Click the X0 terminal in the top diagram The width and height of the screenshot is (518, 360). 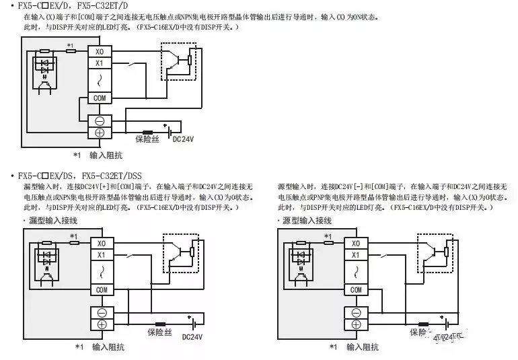tap(100, 51)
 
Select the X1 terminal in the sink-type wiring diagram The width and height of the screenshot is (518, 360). tap(102, 254)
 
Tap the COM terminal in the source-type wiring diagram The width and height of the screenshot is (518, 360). tap(355, 289)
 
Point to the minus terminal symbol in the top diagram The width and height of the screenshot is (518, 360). tap(100, 121)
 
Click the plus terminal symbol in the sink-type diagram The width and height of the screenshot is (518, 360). tap(102, 324)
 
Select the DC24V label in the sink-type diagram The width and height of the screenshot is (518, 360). tap(192, 336)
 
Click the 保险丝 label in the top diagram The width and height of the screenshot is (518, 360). tap(147, 139)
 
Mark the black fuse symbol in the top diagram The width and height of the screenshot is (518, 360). tap(147, 131)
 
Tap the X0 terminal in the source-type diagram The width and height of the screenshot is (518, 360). tap(355, 243)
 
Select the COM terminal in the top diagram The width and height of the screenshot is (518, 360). tap(100, 98)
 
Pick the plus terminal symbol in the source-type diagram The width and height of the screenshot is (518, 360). tap(355, 324)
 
